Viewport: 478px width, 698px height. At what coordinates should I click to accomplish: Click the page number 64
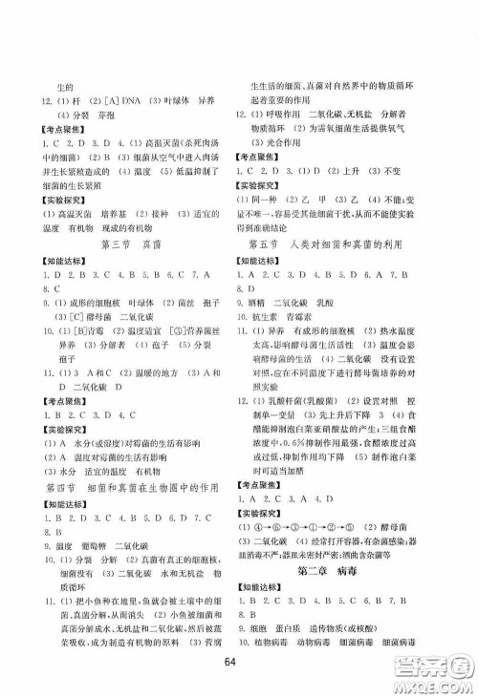pos(239,664)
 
